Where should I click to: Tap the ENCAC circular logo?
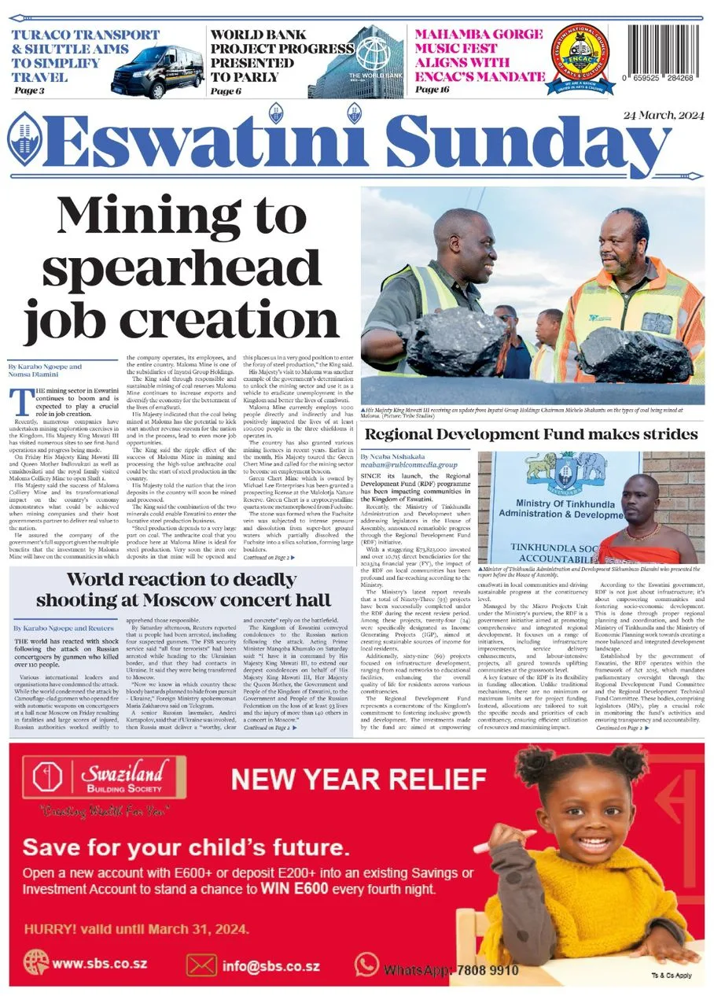point(580,56)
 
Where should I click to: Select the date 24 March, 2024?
point(663,115)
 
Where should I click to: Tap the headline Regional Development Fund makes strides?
point(532,434)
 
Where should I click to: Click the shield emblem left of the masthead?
point(23,138)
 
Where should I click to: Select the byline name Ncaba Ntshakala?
point(392,456)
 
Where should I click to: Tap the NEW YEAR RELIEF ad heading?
point(359,780)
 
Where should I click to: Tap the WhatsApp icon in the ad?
point(366,964)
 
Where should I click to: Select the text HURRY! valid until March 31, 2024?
point(137,928)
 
